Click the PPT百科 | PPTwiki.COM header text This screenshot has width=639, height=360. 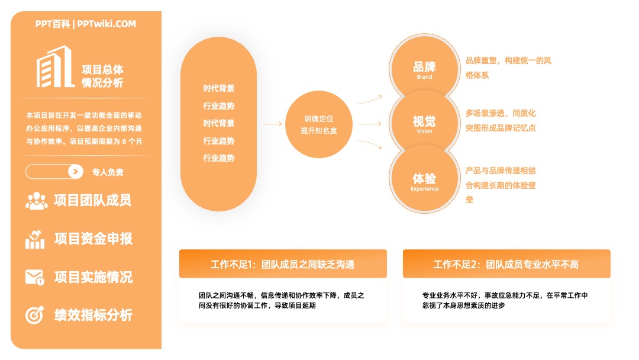(86, 24)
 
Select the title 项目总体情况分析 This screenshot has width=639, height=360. (102, 76)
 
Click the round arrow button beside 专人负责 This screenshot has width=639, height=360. (75, 172)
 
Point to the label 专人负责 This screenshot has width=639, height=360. (108, 172)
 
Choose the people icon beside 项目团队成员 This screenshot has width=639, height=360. (37, 201)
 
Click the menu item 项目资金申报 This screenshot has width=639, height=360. (93, 239)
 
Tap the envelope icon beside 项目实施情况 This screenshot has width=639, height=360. (35, 277)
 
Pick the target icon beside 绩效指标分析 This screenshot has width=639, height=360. (35, 315)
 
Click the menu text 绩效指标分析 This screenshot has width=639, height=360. (93, 315)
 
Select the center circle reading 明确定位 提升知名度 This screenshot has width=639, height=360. (319, 124)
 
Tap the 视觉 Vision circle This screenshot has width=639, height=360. (424, 123)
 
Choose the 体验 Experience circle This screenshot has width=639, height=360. (424, 179)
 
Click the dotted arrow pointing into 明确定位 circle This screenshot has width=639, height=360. (272, 124)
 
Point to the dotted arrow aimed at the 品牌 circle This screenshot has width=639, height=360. (370, 99)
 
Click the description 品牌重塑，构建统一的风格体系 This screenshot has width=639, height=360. (508, 67)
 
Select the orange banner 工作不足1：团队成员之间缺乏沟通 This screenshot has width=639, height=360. (283, 264)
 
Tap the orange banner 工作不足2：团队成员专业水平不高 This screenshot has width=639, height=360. (506, 264)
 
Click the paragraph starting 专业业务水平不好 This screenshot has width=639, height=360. (505, 300)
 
